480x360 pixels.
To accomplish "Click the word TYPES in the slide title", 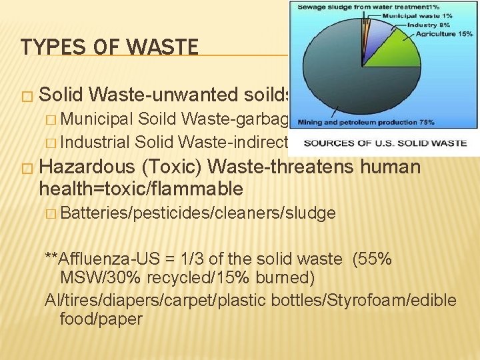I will [x=45, y=47].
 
